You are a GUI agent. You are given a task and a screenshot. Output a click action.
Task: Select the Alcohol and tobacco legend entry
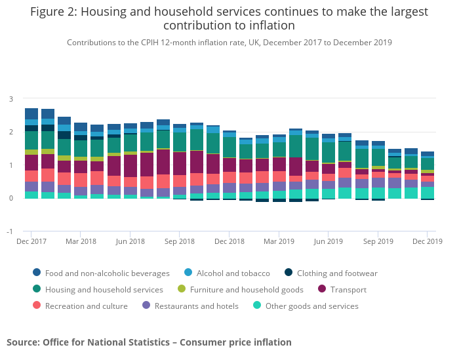[x=233, y=273]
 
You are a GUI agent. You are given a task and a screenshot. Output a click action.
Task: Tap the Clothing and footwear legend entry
[x=337, y=273]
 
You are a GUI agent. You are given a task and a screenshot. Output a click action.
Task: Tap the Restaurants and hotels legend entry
[x=196, y=306]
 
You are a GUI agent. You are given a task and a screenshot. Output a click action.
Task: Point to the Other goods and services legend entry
[x=311, y=306]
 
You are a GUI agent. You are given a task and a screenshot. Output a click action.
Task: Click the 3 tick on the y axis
[x=10, y=99]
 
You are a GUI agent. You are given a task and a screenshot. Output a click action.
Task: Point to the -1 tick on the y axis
[x=9, y=231]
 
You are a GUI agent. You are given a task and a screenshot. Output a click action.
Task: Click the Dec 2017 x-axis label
[x=31, y=241]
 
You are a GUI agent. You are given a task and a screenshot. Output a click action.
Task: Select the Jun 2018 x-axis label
[x=130, y=241]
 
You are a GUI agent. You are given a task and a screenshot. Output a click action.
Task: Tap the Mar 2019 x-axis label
[x=279, y=241]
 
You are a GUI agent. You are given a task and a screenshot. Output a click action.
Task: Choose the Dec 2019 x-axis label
[x=427, y=241]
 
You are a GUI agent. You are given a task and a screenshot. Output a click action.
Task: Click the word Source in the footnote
[x=22, y=342]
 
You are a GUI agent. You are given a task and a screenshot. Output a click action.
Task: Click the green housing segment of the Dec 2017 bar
[x=31, y=140]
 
